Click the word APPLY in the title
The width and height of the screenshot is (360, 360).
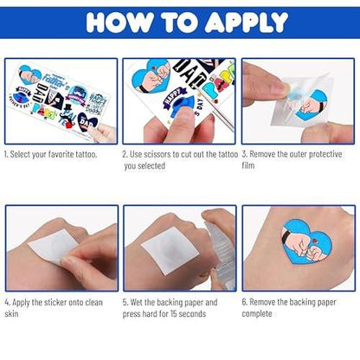coord(247,22)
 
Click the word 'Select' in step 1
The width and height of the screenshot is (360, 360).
coord(20,154)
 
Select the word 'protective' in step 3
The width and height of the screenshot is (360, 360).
coord(325,154)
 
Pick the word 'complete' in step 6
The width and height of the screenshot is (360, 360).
coord(257,314)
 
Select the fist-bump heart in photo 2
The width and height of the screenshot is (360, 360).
coord(151,76)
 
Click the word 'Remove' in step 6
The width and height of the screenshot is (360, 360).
coord(262,302)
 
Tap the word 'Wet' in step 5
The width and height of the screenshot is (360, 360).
coord(137,302)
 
